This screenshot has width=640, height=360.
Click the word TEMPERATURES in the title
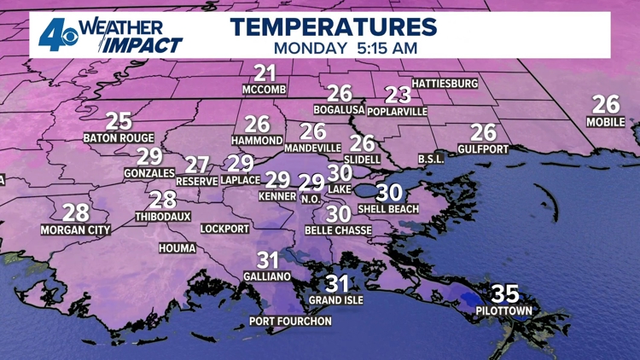[x=333, y=26]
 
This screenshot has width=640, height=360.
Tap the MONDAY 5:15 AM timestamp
[x=333, y=48]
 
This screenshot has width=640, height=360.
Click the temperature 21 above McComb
[x=265, y=73]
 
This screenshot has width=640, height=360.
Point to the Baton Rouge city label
[x=119, y=137]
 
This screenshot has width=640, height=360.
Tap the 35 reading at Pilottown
[x=505, y=294]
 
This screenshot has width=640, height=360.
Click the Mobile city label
[x=606, y=122]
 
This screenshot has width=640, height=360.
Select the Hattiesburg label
[x=445, y=84]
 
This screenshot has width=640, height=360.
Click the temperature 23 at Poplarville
[x=398, y=96]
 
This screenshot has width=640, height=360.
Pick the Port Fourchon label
[x=290, y=322]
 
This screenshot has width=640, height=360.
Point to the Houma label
[x=177, y=248]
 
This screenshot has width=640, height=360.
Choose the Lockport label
[x=225, y=229]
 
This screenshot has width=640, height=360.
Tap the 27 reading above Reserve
[x=197, y=165]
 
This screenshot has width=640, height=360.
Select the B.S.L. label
[x=432, y=159]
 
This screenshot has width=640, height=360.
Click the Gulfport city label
[x=483, y=149]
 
